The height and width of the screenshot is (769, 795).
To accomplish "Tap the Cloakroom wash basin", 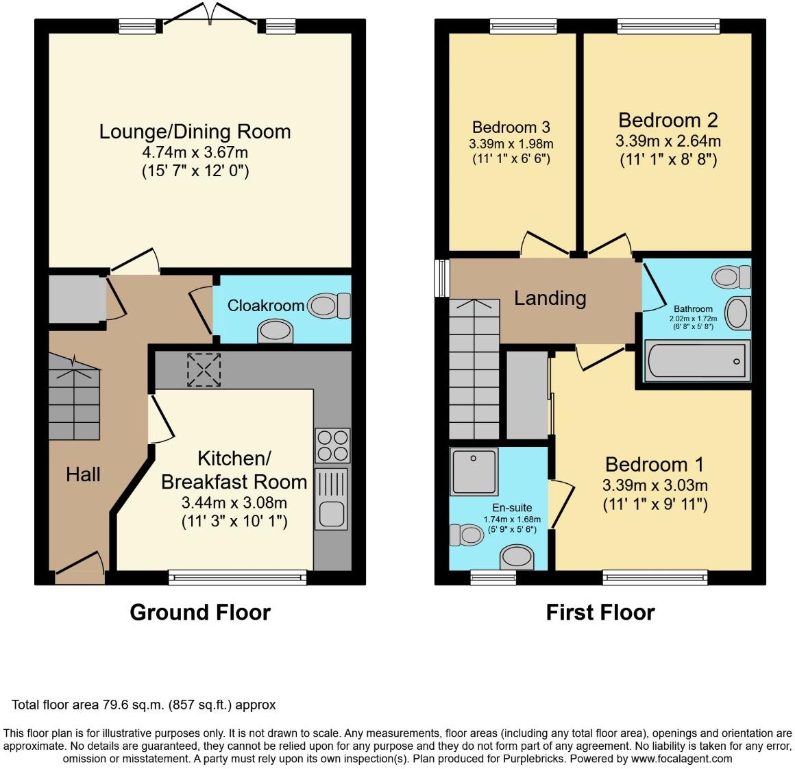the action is pyautogui.click(x=276, y=331).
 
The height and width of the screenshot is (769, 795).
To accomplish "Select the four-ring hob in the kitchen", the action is pyautogui.click(x=332, y=445).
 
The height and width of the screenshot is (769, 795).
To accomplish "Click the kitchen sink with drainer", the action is pyautogui.click(x=332, y=499).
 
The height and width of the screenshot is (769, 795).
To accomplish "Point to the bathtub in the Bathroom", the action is pyautogui.click(x=696, y=360).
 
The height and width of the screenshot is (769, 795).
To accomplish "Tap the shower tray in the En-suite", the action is pyautogui.click(x=474, y=472).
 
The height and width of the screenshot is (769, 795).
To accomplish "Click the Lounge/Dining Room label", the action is pyautogui.click(x=195, y=132).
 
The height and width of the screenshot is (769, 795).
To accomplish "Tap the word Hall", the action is pyautogui.click(x=83, y=474).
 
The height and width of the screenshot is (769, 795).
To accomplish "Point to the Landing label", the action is pyautogui.click(x=550, y=298).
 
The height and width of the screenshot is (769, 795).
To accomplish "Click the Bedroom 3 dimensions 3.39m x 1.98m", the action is pyautogui.click(x=511, y=144).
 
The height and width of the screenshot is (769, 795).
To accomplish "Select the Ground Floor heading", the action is pyautogui.click(x=200, y=612).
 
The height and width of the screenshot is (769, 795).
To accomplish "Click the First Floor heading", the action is pyautogui.click(x=600, y=612).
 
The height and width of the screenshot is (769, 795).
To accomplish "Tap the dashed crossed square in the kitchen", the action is pyautogui.click(x=204, y=369).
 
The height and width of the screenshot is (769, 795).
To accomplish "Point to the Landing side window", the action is pyautogui.click(x=442, y=278).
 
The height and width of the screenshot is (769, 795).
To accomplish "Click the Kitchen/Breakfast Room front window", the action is pyautogui.click(x=238, y=577).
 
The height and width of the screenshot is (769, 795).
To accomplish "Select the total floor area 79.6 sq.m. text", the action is pyautogui.click(x=143, y=705).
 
